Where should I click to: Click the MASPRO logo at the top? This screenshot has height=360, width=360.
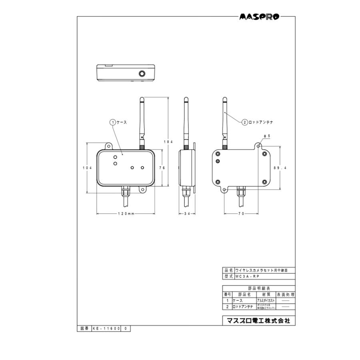click(x=260, y=17)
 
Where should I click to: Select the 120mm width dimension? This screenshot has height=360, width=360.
click(x=125, y=214)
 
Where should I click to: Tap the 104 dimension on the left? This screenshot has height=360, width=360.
click(x=88, y=168)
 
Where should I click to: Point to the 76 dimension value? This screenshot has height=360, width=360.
click(x=162, y=168)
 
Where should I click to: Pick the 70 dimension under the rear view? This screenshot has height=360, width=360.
click(x=241, y=214)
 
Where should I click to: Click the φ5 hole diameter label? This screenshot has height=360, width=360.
click(x=267, y=136)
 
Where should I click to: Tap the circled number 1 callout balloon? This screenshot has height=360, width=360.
click(x=113, y=122)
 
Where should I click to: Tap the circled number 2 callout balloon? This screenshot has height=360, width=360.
click(x=244, y=122)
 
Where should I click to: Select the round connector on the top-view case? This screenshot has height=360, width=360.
click(x=142, y=74)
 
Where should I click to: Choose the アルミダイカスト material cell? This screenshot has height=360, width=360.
click(x=265, y=300)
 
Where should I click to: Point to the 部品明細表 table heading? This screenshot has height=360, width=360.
click(x=259, y=288)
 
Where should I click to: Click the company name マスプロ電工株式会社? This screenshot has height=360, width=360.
click(x=258, y=321)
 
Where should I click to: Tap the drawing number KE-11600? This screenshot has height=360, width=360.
click(x=106, y=328)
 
